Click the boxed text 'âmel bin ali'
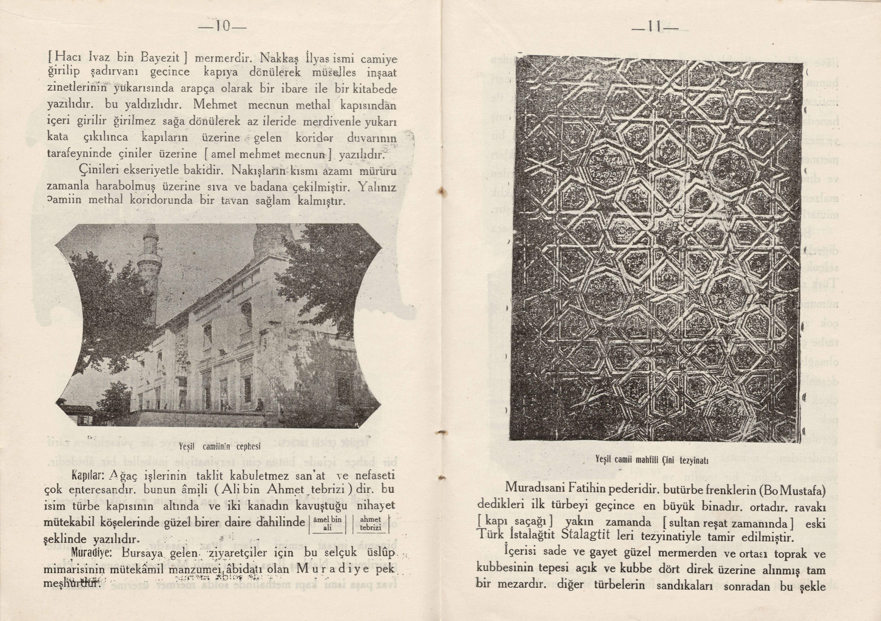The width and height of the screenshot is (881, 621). [327, 523]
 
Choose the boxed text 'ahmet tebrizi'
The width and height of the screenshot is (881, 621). [371, 523]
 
